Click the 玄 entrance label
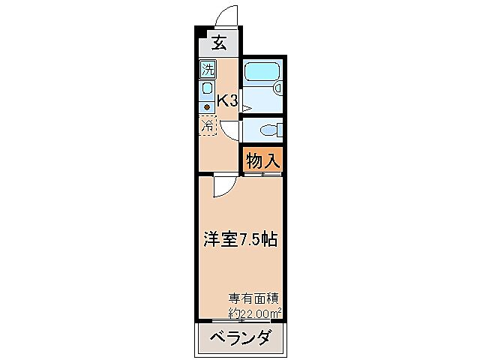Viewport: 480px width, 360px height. click(218, 43)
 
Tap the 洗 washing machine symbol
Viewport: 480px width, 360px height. click(208, 72)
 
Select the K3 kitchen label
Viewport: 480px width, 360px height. click(227, 100)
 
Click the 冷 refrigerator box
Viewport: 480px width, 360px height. click(208, 126)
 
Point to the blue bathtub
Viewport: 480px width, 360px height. click(262, 73)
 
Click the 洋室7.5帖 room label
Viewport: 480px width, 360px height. click(241, 240)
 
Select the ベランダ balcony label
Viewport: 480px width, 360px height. click(241, 337)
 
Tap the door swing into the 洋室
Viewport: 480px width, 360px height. click(223, 187)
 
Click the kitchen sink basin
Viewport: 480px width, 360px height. click(207, 89)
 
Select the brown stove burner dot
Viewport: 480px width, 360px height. click(207, 106)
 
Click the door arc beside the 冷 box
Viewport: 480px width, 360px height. click(230, 130)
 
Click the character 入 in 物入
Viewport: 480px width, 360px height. click(272, 159)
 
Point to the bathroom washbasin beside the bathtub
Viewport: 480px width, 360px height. click(278, 88)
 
